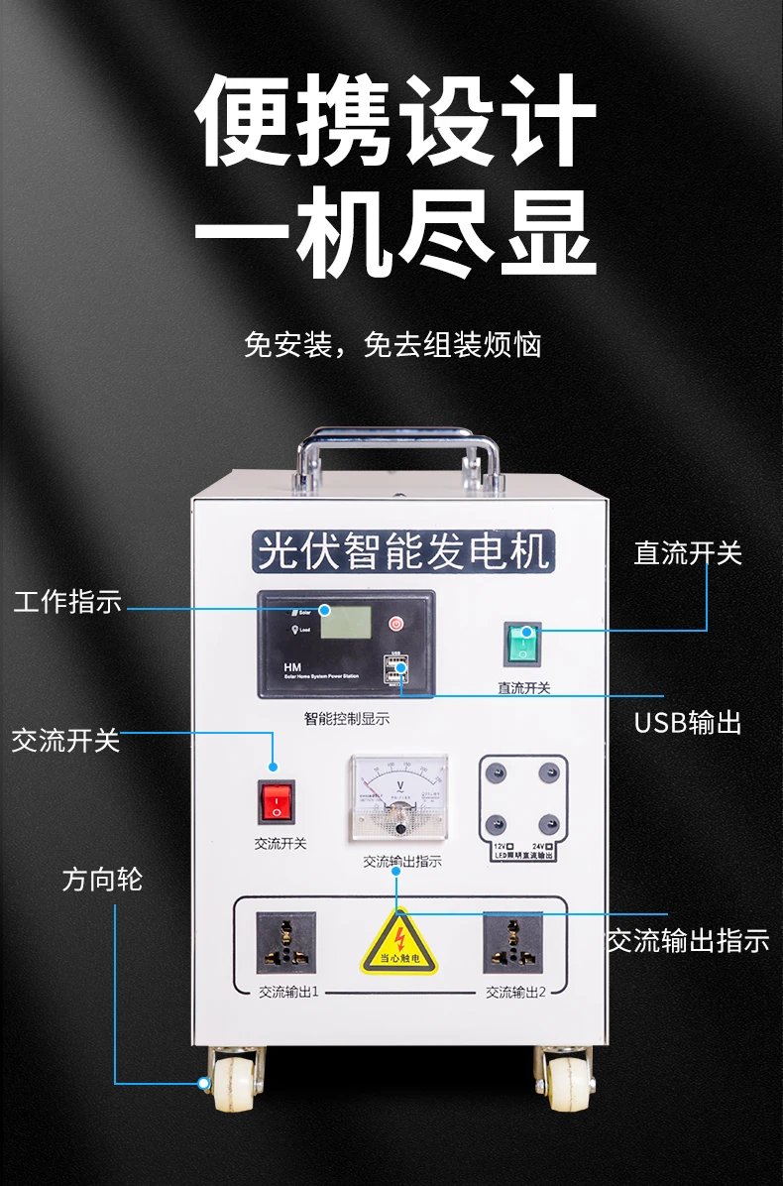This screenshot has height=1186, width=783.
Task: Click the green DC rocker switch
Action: point(523,644)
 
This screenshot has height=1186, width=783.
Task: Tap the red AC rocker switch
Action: point(277,802)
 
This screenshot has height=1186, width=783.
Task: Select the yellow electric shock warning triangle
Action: point(396,941)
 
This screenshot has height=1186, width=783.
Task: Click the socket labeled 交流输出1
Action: point(286,942)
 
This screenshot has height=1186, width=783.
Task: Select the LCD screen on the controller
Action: point(345,623)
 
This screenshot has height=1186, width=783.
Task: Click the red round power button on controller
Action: point(396,624)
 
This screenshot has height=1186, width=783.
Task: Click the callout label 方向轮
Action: point(102,880)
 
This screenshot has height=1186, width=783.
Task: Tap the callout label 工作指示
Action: point(67,602)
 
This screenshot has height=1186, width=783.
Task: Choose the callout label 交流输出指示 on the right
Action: point(688,940)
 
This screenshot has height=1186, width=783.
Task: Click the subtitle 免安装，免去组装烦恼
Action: point(392,345)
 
